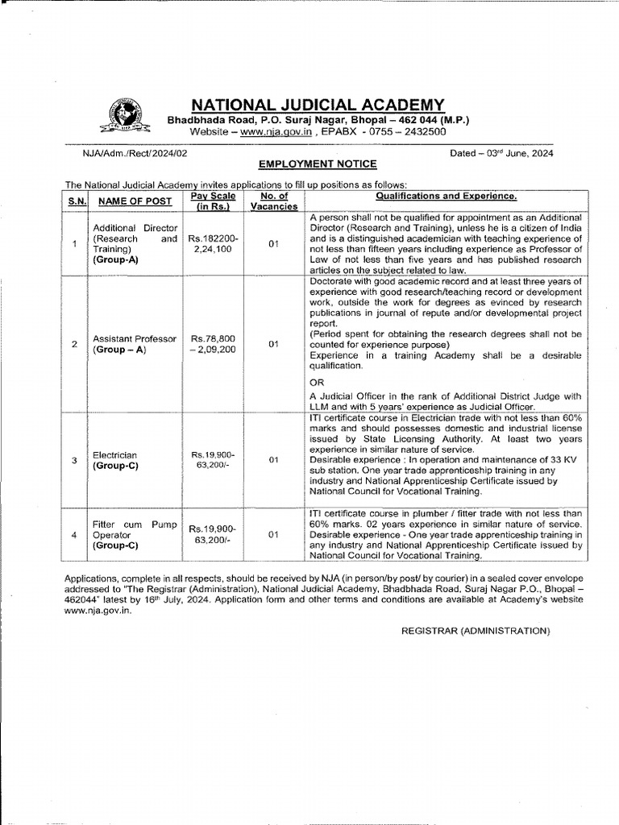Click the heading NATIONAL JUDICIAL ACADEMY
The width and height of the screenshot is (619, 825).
point(318,104)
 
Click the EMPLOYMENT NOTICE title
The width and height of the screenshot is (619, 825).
point(318,164)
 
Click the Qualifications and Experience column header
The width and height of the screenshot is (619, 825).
point(444,196)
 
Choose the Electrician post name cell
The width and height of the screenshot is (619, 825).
point(115,460)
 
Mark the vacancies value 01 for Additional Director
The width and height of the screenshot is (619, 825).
point(273,244)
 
